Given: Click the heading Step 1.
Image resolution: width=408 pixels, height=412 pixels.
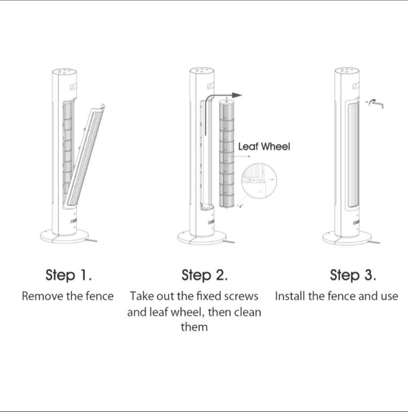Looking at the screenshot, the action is point(69,275).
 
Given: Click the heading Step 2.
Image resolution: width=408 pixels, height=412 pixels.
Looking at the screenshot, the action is point(205,275).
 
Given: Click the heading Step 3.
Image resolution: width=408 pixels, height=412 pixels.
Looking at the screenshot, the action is point(353,275).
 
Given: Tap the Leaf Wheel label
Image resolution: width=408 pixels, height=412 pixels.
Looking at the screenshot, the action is point(264,146).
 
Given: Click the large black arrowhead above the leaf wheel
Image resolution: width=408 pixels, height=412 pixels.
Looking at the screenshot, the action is point(237,95).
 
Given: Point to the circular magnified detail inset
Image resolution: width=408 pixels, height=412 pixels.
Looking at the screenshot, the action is point(259,181).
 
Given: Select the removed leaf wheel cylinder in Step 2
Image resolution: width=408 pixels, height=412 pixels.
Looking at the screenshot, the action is point(227,153).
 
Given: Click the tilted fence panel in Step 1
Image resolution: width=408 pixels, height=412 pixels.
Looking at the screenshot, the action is point(85,155).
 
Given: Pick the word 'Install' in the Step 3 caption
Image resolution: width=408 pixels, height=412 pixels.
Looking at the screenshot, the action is point(290,296).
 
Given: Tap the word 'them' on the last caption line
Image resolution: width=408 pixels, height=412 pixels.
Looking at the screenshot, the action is point(194,327).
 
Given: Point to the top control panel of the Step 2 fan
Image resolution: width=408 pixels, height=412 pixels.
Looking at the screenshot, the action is point(202,70).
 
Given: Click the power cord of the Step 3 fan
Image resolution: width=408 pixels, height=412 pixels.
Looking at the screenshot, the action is point(375,242).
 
